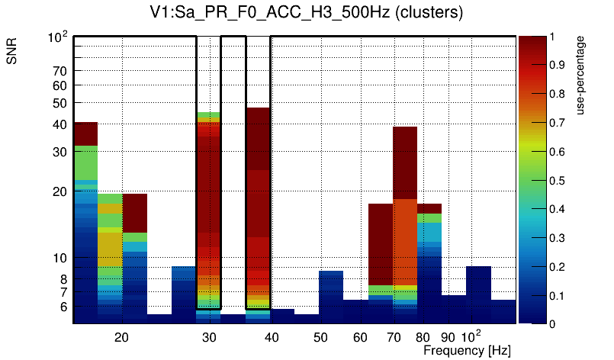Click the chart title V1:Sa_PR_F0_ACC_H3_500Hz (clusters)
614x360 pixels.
tap(306, 13)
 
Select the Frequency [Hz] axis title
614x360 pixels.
tap(467, 349)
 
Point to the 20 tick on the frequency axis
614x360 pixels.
tap(121, 336)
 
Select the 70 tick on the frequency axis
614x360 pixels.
tap(394, 336)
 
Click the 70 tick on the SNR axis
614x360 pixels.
tap(60, 71)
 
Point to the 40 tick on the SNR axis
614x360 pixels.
tap(60, 124)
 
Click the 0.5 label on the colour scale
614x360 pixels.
tap(558, 181)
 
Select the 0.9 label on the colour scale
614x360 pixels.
tap(558, 66)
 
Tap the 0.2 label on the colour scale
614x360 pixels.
tap(558, 267)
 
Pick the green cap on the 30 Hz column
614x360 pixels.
tap(208, 116)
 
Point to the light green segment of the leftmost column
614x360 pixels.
tap(86, 162)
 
